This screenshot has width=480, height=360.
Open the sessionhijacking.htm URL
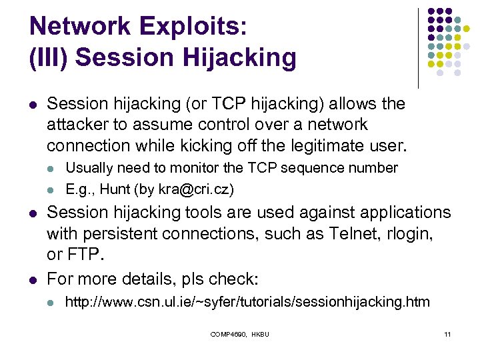(x=247, y=302)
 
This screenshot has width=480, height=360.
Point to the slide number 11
(x=447, y=333)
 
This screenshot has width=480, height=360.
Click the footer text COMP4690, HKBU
(x=239, y=333)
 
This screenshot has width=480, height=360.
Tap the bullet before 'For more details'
(x=33, y=278)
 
